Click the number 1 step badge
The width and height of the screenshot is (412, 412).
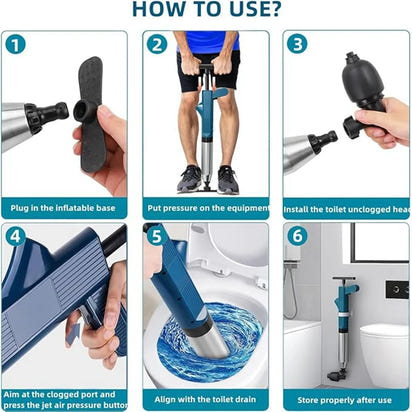coord(16,45)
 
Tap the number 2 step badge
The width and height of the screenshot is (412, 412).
coord(157,45)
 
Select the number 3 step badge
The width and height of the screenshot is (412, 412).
coord(297,45)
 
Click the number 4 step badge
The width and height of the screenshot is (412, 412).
coord(16,237)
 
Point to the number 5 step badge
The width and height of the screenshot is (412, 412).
coord(157,237)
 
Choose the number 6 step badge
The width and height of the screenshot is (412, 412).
coord(297,237)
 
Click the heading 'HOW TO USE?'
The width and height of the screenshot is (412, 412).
coord(205,11)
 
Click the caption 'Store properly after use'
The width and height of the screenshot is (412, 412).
coord(345,399)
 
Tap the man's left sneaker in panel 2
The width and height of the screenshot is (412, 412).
coord(228,179)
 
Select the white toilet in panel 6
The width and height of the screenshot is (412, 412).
coord(385,350)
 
